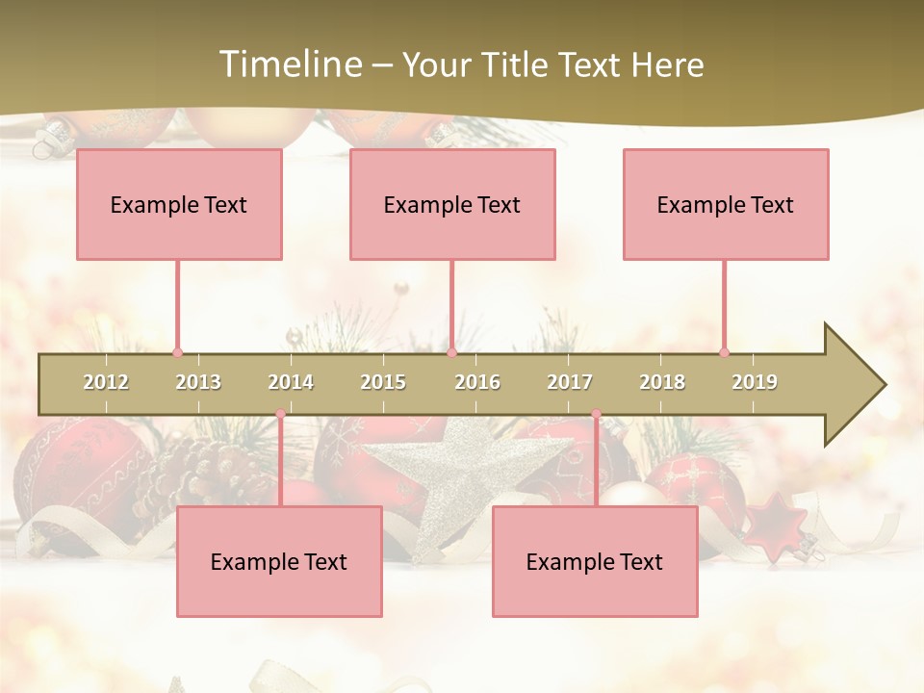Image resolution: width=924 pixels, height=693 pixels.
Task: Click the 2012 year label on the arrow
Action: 106,382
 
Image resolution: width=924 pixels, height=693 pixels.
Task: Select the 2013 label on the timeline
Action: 198,382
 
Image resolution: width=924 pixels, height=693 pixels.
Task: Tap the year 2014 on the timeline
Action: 291,382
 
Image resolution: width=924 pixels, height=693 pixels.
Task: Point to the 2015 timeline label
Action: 383,382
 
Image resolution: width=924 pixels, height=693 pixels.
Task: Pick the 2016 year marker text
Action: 477,382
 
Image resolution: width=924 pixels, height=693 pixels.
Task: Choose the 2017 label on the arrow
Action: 570,382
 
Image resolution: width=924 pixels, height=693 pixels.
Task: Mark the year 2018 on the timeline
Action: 662,382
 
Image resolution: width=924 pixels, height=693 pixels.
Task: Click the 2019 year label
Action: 755,382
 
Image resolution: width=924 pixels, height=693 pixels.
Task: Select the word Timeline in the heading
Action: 288,64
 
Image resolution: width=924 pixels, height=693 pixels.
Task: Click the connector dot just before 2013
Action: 177,352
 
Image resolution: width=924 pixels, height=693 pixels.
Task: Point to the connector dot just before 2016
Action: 451,352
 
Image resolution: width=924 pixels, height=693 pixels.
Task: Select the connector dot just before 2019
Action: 724,352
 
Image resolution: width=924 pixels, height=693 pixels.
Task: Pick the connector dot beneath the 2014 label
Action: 280,415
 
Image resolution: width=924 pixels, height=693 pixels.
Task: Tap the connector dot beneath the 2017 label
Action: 596,415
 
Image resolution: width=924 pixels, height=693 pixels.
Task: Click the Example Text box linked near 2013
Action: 179,204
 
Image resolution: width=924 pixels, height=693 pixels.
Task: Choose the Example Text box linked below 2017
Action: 595,561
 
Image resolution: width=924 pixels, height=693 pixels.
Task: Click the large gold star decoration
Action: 452,472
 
